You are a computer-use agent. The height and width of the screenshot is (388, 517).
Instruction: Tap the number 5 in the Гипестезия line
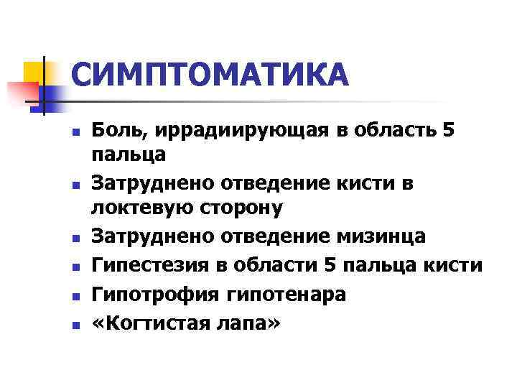coord(330,265)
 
